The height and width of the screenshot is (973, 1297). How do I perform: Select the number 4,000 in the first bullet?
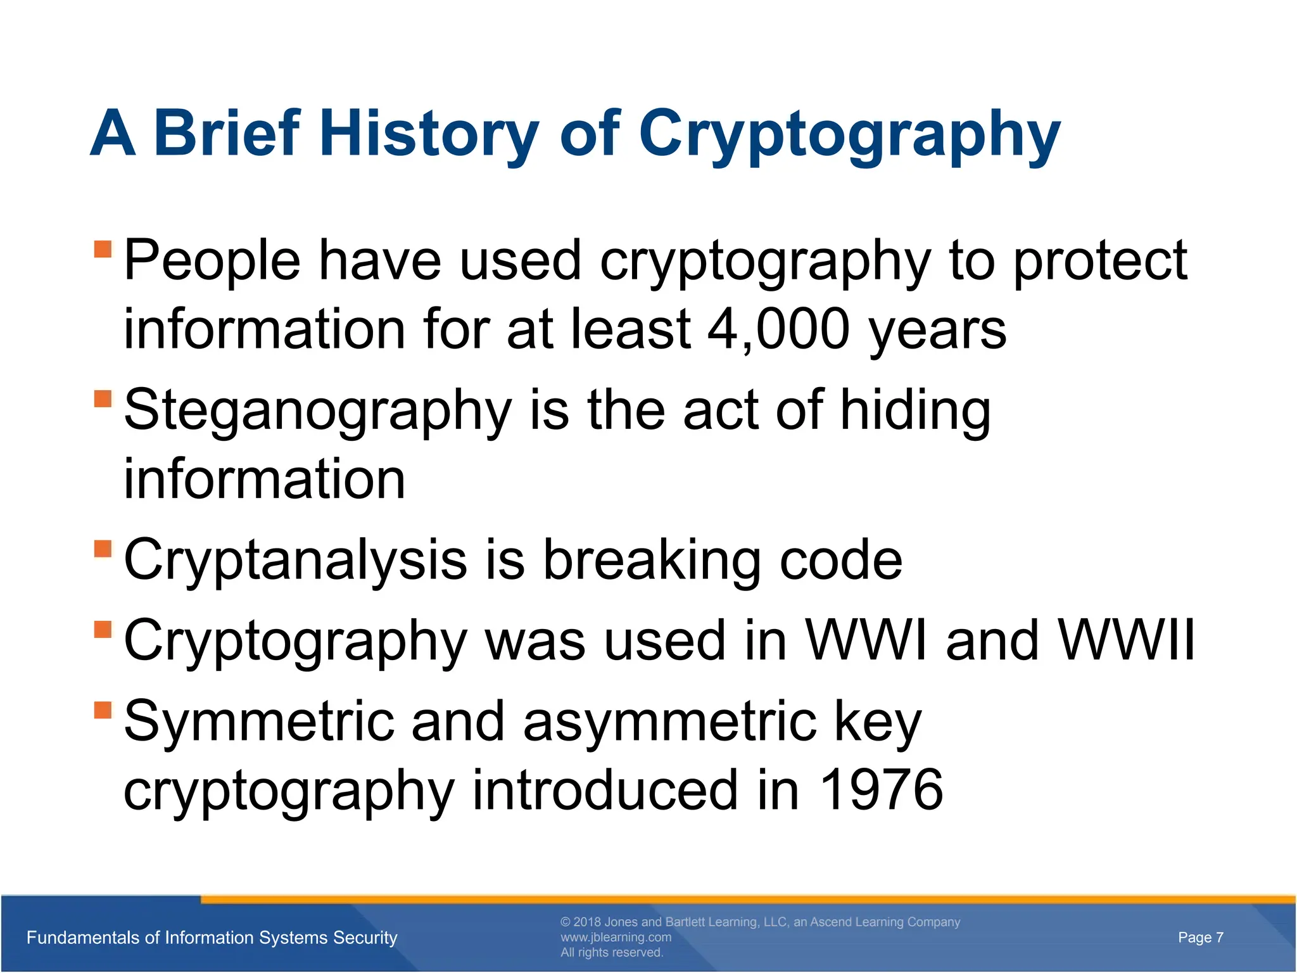tap(778, 329)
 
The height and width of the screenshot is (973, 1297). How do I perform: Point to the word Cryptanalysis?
tap(295, 561)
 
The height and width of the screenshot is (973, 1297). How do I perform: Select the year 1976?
tap(881, 790)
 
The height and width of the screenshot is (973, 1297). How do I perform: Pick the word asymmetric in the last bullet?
tap(669, 722)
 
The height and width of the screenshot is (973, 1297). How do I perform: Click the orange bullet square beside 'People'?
tap(103, 249)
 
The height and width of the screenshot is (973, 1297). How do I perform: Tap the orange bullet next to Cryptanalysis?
tap(103, 549)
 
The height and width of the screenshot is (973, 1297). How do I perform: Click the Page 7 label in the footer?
tap(1200, 938)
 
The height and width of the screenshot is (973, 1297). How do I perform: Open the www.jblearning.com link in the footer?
tap(616, 938)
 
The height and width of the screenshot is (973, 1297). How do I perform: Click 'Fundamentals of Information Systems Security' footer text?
tap(212, 938)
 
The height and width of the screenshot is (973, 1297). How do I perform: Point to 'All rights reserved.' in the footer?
tap(611, 953)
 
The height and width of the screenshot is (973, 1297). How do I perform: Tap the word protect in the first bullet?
tap(1100, 261)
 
